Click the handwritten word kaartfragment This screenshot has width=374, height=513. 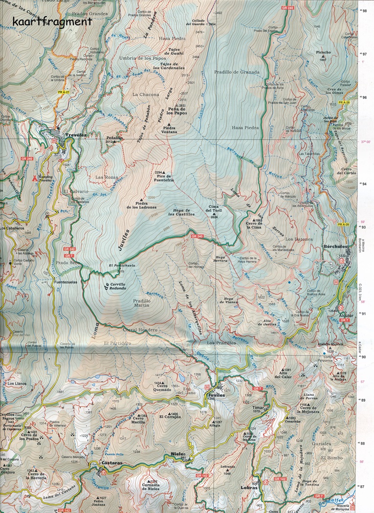pyautogui.click(x=52, y=21)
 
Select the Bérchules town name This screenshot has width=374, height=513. pyautogui.click(x=335, y=247)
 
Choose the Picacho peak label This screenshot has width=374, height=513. pyautogui.click(x=323, y=52)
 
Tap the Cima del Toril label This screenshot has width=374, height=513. pyautogui.click(x=213, y=210)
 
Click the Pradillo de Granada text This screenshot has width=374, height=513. pyautogui.click(x=236, y=72)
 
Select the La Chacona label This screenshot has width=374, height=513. pyautogui.click(x=146, y=94)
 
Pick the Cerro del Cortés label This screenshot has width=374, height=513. pyautogui.click(x=346, y=172)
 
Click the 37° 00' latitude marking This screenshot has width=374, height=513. pyautogui.click(x=366, y=142)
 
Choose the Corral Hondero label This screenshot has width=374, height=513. pyautogui.click(x=140, y=330)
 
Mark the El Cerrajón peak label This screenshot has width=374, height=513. pyautogui.click(x=170, y=416)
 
